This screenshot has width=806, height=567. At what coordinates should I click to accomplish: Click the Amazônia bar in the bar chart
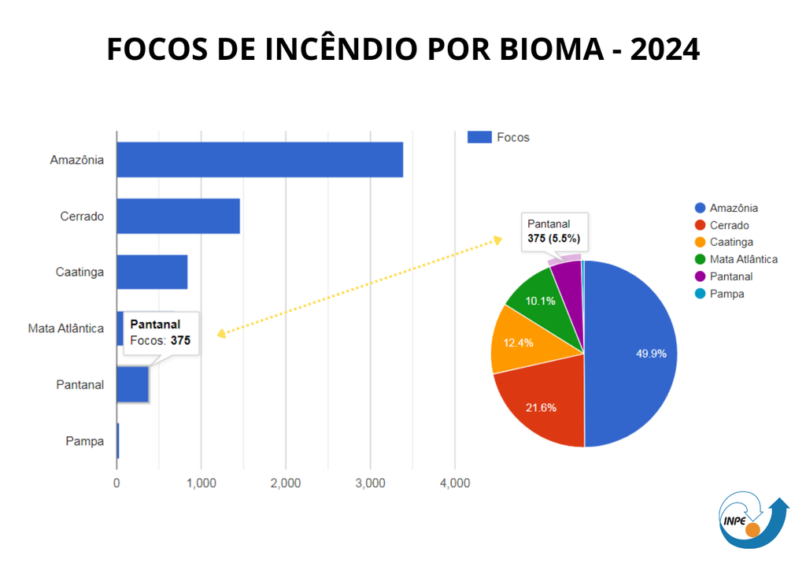[260, 160]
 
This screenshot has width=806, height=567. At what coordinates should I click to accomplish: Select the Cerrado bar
[178, 217]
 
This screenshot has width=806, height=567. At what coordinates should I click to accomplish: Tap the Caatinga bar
[152, 272]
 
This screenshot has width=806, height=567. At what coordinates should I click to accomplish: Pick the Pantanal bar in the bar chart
[132, 385]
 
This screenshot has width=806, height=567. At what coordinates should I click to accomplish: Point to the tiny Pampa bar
[118, 441]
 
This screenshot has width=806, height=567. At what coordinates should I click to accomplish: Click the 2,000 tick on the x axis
[286, 483]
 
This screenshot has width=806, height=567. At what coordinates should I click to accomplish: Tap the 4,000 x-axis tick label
[454, 483]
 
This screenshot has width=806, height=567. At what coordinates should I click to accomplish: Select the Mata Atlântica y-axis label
[66, 328]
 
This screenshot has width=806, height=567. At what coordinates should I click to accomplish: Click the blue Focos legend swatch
[479, 137]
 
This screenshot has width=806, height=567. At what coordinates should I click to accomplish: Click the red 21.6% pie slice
[543, 406]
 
